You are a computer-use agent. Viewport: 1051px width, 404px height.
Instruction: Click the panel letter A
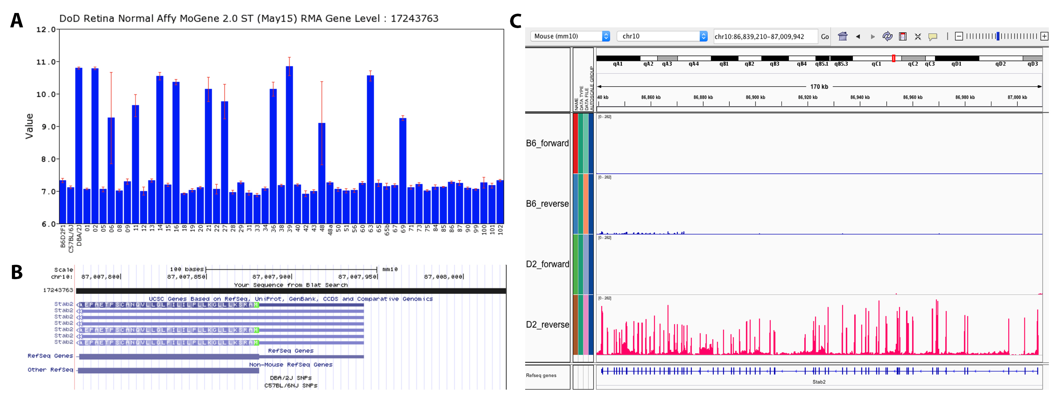[x=16, y=20]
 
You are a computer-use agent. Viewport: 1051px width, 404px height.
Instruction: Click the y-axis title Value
[x=29, y=126]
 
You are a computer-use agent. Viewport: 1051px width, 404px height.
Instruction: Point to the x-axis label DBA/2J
[x=79, y=235]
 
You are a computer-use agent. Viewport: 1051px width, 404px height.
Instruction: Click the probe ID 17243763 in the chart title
[x=414, y=18]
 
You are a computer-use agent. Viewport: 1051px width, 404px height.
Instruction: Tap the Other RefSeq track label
[x=50, y=370]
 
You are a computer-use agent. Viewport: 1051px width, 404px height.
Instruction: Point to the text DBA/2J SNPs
[x=290, y=378]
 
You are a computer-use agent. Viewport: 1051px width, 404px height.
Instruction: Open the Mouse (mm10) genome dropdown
[x=570, y=36]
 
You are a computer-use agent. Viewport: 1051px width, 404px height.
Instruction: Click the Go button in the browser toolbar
[x=825, y=37]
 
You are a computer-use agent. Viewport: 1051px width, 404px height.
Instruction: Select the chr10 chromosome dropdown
[x=661, y=36]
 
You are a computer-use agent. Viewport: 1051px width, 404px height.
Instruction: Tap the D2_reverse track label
[x=547, y=325]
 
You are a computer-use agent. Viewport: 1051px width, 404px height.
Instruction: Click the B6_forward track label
[x=547, y=143]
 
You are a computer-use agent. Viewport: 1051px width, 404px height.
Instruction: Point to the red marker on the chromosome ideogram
[x=893, y=59]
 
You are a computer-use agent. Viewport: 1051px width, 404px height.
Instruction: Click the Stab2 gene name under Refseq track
[x=818, y=382]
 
